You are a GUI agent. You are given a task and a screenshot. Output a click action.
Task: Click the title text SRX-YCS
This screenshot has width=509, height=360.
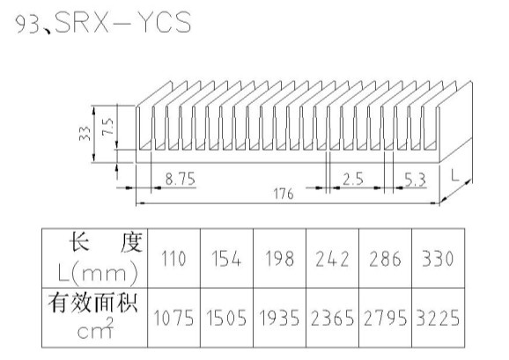click(x=123, y=22)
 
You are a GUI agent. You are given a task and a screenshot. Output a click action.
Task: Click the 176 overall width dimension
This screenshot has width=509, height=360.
click(x=284, y=194)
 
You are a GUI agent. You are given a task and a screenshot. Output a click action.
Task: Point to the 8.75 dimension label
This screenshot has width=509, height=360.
click(x=181, y=179)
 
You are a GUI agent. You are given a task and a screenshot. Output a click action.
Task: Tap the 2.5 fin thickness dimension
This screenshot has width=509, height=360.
click(x=353, y=179)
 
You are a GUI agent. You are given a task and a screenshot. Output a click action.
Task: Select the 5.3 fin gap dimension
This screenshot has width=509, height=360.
click(x=415, y=180)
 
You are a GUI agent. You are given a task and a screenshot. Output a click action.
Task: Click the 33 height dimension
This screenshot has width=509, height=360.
click(x=85, y=133)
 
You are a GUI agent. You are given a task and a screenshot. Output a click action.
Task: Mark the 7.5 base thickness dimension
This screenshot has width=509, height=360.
click(x=107, y=127)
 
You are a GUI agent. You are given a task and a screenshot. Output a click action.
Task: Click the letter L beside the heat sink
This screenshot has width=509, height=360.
click(x=455, y=175)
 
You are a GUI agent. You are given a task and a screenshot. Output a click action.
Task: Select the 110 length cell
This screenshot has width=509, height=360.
click(x=173, y=259)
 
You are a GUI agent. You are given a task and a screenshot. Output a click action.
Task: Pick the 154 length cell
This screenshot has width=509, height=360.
click(x=226, y=259)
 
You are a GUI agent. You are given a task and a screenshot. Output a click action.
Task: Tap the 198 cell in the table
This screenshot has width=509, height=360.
click(x=279, y=259)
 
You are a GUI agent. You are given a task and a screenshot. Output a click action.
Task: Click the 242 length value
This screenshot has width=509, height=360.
click(x=332, y=259)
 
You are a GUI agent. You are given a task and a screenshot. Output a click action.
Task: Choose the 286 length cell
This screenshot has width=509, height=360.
click(x=386, y=259)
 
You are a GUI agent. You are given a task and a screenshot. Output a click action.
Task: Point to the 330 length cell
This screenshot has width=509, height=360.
click(x=438, y=259)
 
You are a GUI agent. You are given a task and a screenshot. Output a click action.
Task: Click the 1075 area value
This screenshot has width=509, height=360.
click(x=173, y=318)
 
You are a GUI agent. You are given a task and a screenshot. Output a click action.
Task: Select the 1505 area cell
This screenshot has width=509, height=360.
click(x=226, y=318)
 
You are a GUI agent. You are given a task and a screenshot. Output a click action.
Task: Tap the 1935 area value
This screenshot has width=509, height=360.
click(x=279, y=318)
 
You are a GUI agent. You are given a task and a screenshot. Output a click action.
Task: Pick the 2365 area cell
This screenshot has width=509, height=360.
click(x=332, y=318)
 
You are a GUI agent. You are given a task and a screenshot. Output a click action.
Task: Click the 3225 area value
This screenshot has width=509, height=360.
click(x=438, y=318)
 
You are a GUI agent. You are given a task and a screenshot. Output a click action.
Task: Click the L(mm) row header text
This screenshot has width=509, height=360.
click(x=98, y=273)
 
